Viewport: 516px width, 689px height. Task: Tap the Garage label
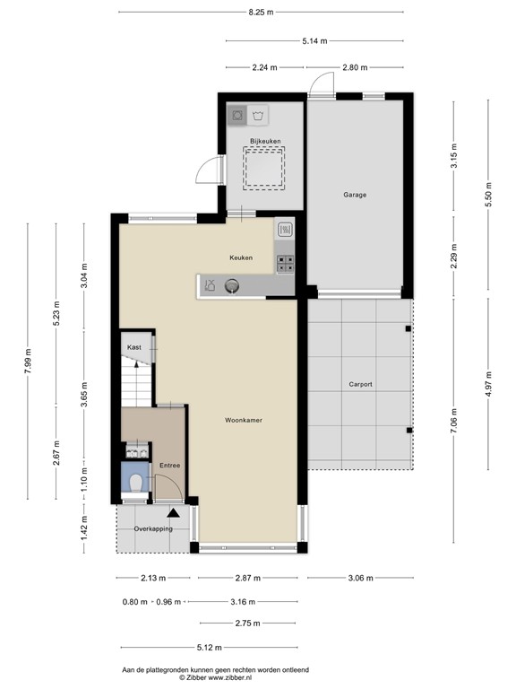click(x=355, y=195)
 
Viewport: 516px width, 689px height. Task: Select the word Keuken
click(x=240, y=257)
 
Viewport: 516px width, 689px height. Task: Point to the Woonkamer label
click(x=243, y=419)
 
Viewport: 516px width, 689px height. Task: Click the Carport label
click(x=360, y=384)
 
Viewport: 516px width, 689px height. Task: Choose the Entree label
click(x=169, y=466)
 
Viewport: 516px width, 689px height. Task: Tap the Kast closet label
click(x=134, y=346)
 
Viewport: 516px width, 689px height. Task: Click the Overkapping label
click(x=152, y=529)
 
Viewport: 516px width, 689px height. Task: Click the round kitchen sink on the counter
click(x=232, y=286)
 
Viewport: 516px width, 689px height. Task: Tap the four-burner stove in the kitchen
click(x=285, y=263)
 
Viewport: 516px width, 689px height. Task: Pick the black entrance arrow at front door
click(x=172, y=512)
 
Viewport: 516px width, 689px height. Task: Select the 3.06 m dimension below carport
click(x=362, y=579)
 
